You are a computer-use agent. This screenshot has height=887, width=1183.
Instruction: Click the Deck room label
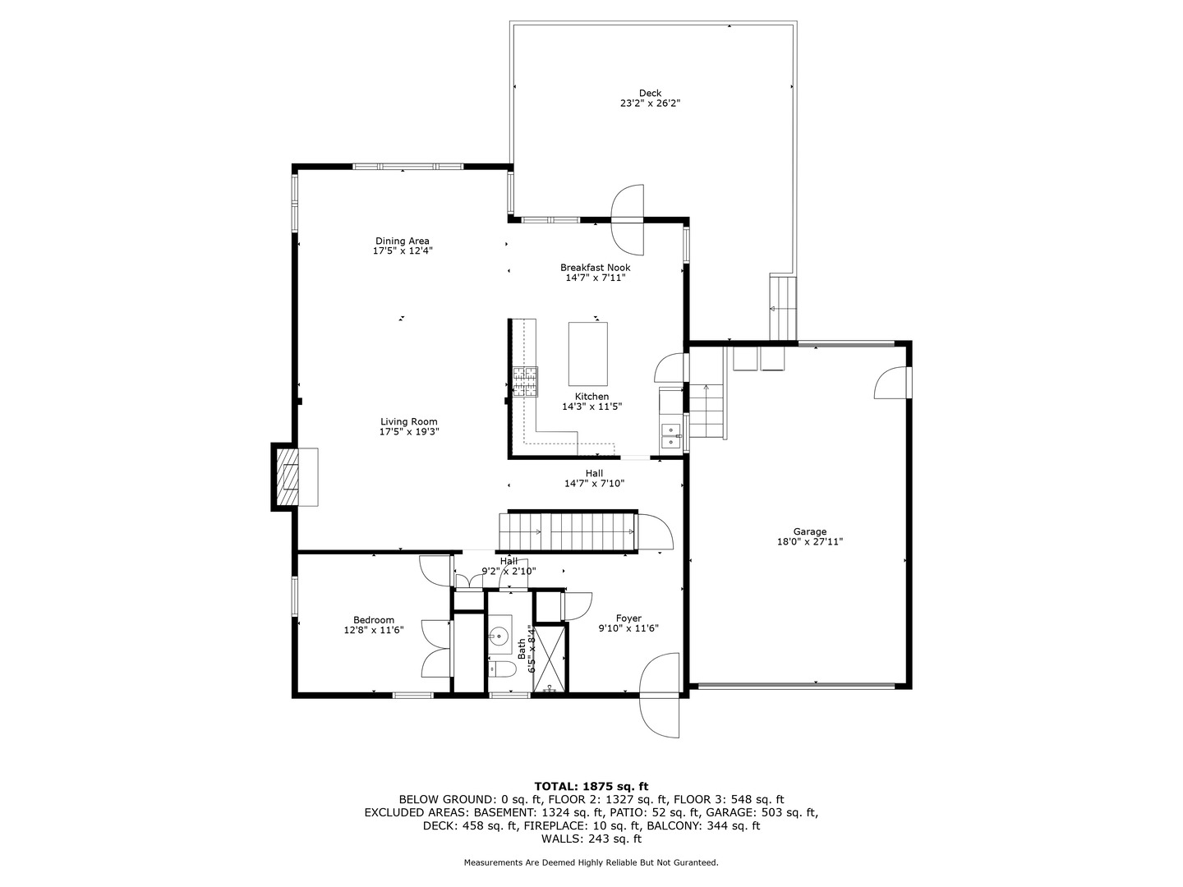650,93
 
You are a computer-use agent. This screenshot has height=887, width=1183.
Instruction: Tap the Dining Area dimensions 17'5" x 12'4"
402,251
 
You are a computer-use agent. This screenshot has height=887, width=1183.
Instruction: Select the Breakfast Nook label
595,267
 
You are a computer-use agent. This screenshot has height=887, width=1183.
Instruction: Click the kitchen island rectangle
588,353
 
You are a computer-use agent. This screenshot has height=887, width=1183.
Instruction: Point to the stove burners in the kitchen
525,382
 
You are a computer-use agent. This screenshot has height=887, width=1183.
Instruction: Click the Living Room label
408,421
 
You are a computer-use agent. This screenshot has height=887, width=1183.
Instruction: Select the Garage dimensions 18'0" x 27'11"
809,542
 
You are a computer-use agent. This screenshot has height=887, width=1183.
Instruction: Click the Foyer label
628,618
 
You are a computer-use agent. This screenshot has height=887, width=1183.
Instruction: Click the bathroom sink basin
499,634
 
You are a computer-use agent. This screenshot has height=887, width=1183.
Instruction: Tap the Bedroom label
374,620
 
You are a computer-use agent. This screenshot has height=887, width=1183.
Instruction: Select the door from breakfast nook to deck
628,218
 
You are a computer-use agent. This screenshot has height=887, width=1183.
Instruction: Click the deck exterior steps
783,308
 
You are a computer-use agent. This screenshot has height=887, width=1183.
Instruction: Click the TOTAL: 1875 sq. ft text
591,786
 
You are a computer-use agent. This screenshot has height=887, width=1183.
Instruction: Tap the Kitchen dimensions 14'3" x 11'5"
591,407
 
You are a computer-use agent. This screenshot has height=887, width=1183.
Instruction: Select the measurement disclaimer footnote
591,862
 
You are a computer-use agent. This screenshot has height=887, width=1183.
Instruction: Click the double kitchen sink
671,436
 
